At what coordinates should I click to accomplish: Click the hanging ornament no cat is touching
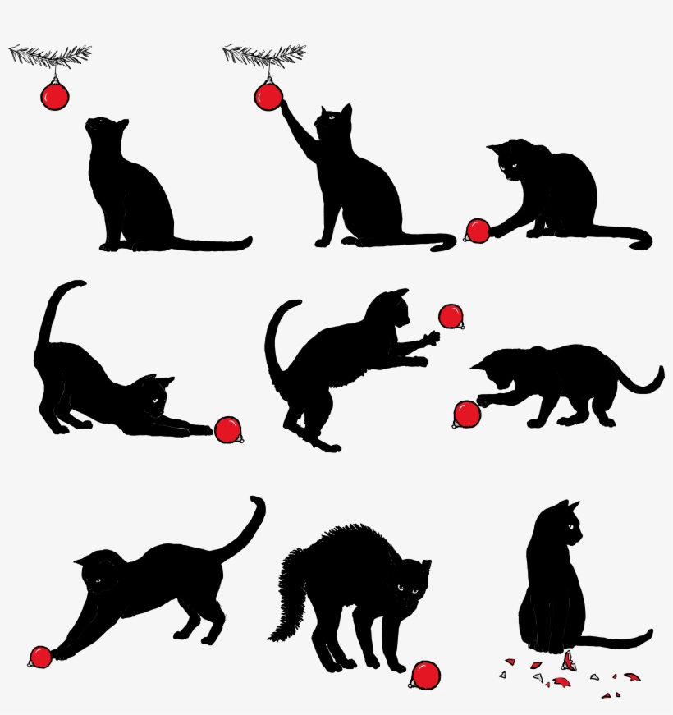pos(54,97)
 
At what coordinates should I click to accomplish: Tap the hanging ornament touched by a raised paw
pos(268,96)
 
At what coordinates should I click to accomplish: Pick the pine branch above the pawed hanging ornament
pos(263,55)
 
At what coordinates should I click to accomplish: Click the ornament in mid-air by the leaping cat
pos(451,316)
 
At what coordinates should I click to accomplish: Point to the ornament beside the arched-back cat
pos(425,675)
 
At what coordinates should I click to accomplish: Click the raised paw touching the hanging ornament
pos(282,108)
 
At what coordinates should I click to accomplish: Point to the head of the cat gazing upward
pos(106,131)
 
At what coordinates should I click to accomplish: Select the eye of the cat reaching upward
pos(332,117)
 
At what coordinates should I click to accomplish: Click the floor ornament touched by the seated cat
pos(478,231)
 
